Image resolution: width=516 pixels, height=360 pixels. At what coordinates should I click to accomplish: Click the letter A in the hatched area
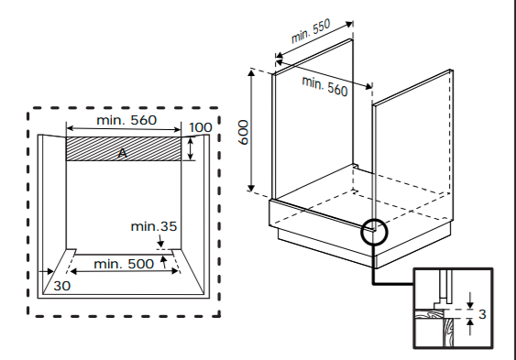coord(123,153)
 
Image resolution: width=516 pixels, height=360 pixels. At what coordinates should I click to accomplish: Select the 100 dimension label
coord(201,127)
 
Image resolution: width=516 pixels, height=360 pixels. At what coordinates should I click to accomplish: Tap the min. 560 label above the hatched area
coord(126,120)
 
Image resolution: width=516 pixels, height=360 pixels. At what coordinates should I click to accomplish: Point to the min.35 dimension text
coord(154,226)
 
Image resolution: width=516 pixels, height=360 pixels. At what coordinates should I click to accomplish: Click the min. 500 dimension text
coord(124,264)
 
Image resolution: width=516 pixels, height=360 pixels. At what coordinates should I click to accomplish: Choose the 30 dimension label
coord(62,286)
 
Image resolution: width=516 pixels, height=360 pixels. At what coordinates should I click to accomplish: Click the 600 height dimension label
coord(244,132)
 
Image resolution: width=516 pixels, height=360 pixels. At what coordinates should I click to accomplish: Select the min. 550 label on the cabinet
coord(311,31)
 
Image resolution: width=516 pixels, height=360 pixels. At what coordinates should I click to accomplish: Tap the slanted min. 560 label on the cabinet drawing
coord(324,86)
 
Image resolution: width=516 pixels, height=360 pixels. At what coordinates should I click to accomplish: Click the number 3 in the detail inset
coord(482,314)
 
